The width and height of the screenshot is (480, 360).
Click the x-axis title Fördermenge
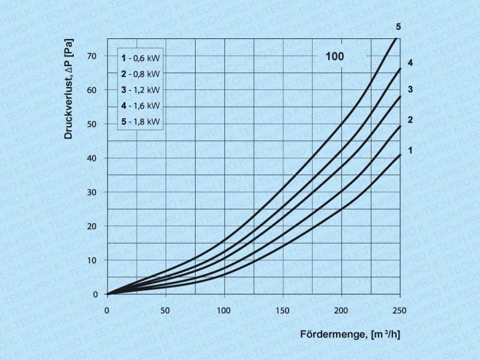[x=333, y=334]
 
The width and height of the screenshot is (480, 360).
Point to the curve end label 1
[x=410, y=150]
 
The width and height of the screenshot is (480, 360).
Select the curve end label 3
[x=410, y=89]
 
